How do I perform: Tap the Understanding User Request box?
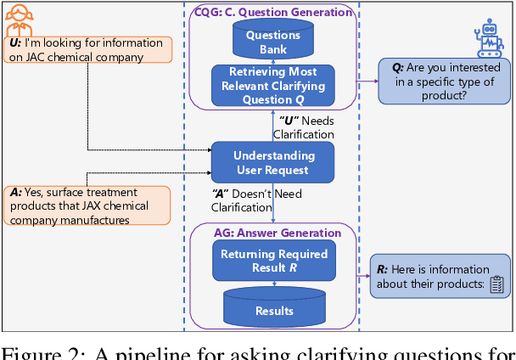[x=273, y=161]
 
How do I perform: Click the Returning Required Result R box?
[x=273, y=260]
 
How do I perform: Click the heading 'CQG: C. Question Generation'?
[x=273, y=12]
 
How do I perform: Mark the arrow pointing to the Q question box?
[x=367, y=82]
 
